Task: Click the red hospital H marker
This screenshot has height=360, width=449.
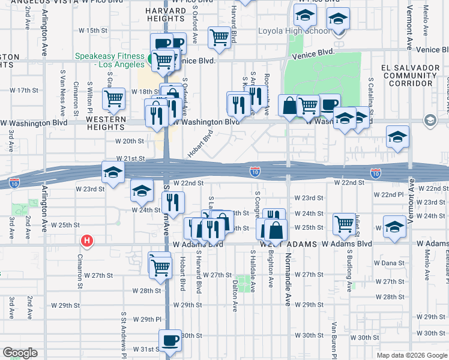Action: click(87, 241)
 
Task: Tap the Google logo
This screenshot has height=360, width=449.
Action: click(20, 353)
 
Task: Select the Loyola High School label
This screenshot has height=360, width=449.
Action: click(294, 31)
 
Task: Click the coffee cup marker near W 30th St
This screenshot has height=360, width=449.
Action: click(170, 341)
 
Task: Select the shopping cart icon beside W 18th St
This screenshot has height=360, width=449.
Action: click(113, 99)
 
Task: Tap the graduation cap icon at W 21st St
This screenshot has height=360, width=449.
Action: click(112, 172)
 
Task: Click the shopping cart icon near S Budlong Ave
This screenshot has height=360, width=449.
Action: click(344, 225)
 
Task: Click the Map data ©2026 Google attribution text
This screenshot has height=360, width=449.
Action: click(411, 355)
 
